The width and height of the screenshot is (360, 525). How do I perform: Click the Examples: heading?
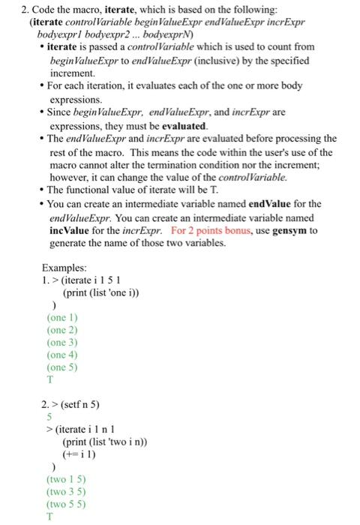pos(65,268)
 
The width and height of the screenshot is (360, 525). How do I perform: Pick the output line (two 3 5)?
pos(66,492)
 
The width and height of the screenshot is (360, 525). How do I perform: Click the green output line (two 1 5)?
pos(66,479)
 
